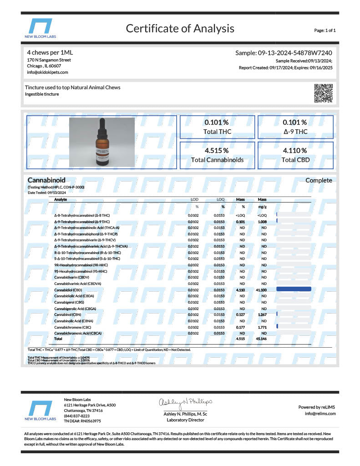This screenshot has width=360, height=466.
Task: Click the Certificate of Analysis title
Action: point(180,29)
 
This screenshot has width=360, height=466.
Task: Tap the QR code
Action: point(324,93)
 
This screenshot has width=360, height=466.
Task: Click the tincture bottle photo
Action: point(102,142)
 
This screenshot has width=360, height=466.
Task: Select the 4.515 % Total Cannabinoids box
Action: point(217,155)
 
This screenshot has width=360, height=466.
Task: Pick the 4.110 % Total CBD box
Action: point(295,155)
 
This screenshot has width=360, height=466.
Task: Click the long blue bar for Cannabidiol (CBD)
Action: point(294,289)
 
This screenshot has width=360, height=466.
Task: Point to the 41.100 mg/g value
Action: point(262,289)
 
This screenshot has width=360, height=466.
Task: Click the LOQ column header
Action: point(220,200)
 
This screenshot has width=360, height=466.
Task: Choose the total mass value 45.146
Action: point(262,339)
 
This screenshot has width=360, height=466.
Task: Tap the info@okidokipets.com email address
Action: point(47,72)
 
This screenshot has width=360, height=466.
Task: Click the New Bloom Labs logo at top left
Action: point(41,29)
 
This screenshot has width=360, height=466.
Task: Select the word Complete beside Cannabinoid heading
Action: point(319,181)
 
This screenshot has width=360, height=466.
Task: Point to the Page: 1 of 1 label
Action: point(325,30)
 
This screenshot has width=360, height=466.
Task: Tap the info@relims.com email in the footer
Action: point(320,414)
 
